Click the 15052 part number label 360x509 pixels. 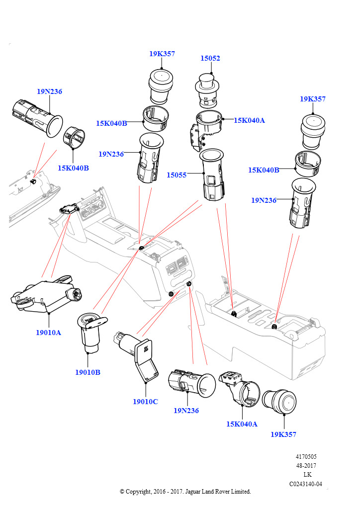210,58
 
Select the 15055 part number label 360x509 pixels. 177,175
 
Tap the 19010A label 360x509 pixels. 48,333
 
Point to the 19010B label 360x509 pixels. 88,372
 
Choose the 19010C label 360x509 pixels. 145,402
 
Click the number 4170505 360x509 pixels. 306,457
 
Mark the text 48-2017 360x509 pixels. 306,466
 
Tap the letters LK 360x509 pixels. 307,475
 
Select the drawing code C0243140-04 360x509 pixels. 306,484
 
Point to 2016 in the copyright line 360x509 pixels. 158,492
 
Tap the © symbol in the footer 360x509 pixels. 122,492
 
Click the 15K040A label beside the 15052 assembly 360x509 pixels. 249,120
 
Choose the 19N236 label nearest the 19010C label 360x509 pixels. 186,411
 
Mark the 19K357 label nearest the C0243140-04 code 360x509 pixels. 283,434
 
